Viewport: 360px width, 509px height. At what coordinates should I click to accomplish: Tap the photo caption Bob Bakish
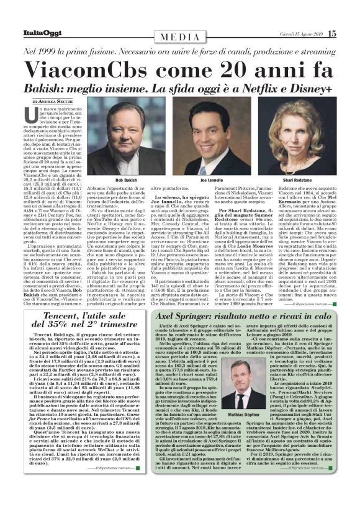[x=126, y=180]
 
